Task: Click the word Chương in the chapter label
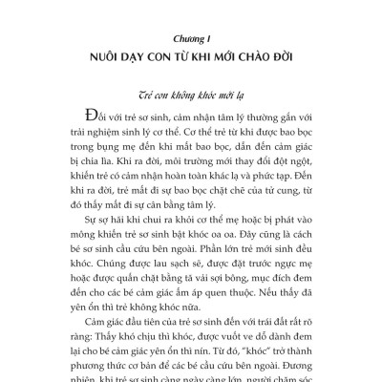tap(182, 41)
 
